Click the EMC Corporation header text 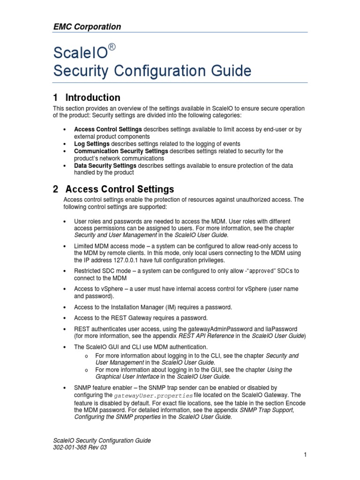[87, 27]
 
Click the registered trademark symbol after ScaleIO [112, 46]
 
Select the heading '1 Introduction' [87, 97]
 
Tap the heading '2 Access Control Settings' [113, 189]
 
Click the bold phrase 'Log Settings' [92, 144]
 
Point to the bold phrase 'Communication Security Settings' [121, 151]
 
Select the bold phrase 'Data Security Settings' [105, 165]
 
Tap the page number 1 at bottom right [305, 455]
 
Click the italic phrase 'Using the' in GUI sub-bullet [279, 370]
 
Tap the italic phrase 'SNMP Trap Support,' [267, 410]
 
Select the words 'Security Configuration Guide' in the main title [152, 71]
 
